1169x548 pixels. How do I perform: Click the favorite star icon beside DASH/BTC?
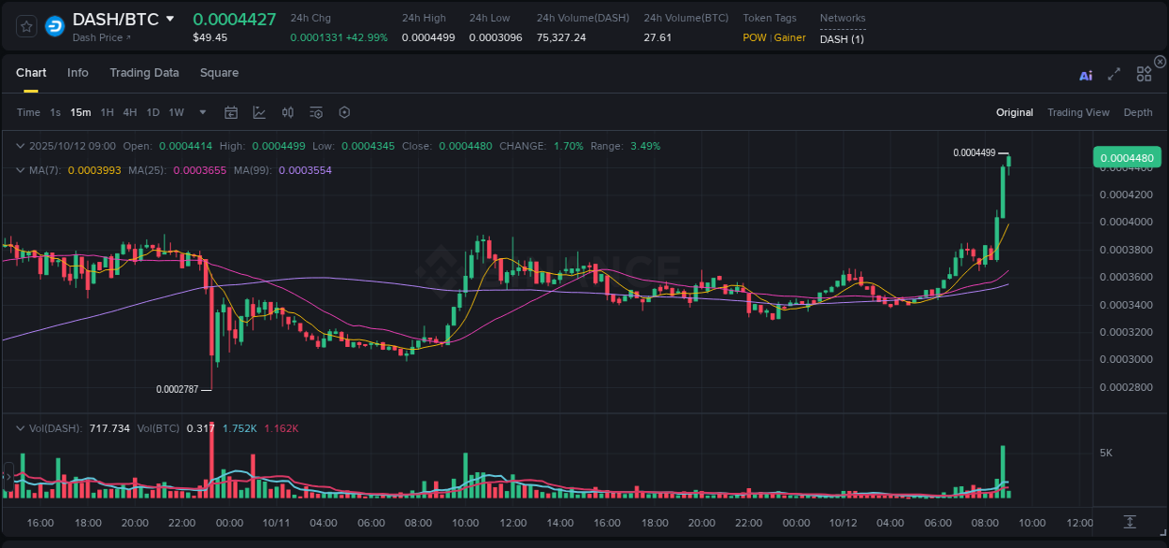(x=27, y=26)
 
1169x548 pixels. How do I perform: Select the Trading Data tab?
(x=144, y=73)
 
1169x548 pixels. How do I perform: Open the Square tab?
(x=219, y=73)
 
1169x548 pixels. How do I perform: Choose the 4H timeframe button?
(x=129, y=112)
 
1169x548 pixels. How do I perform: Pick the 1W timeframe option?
(x=176, y=112)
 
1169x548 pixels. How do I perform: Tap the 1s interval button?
(x=55, y=112)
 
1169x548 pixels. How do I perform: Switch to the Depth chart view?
(x=1137, y=112)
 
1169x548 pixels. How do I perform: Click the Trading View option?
(x=1077, y=112)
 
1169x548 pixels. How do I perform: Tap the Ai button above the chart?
(x=1086, y=76)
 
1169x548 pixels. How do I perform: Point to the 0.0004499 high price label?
(x=974, y=152)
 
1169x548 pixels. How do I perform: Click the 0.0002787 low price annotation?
(x=177, y=389)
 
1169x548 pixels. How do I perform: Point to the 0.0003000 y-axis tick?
(x=1125, y=359)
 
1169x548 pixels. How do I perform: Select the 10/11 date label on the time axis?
(x=276, y=523)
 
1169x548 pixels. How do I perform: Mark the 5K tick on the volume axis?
(x=1105, y=453)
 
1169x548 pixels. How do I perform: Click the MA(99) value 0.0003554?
(x=305, y=170)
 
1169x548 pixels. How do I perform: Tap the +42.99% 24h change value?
(x=366, y=37)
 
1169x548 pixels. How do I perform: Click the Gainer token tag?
(x=789, y=37)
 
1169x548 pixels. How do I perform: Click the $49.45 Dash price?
(x=209, y=37)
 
